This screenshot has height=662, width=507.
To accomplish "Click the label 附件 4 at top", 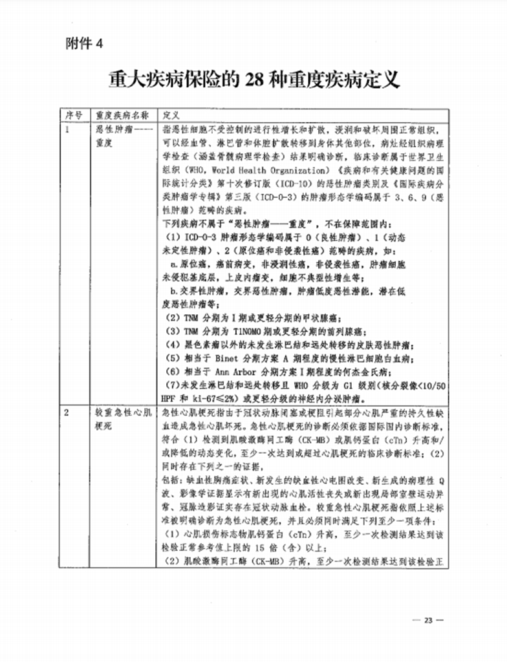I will (x=84, y=44).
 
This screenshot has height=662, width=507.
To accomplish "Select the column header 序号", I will (x=73, y=114).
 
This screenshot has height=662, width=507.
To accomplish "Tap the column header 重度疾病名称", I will (x=123, y=114).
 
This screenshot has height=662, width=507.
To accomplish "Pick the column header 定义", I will (x=171, y=114).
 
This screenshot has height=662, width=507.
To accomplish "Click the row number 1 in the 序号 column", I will (x=68, y=129).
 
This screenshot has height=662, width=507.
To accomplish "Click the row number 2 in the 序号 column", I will (x=68, y=411).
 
